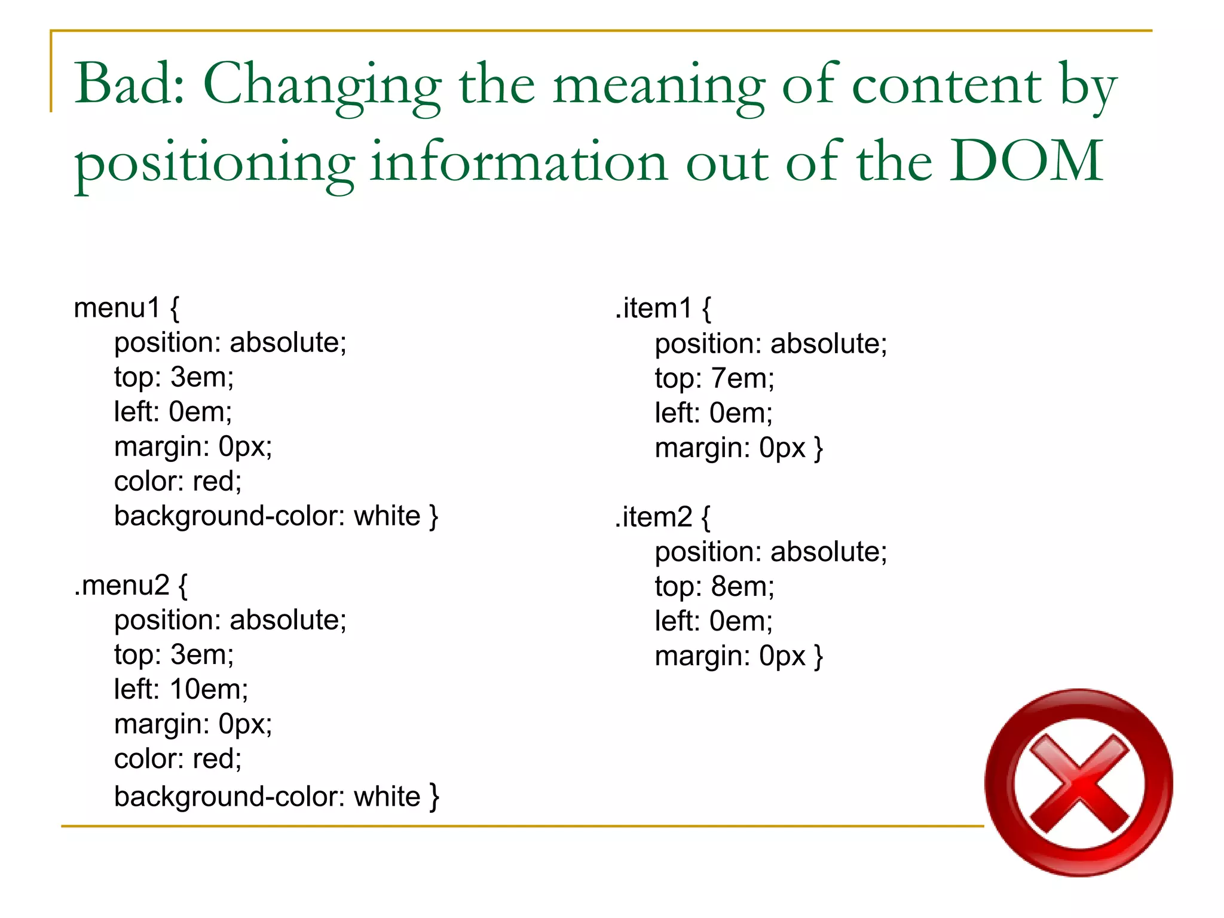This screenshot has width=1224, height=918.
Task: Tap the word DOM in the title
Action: pos(1026,161)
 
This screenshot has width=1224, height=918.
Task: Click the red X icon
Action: pos(1079,783)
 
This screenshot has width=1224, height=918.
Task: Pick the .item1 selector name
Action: pos(654,308)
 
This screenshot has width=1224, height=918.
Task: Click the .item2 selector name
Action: pos(654,517)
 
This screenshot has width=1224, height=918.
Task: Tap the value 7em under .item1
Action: pos(741,378)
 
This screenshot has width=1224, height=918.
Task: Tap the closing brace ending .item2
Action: pos(819,656)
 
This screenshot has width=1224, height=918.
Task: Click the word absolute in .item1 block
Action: pos(828,344)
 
